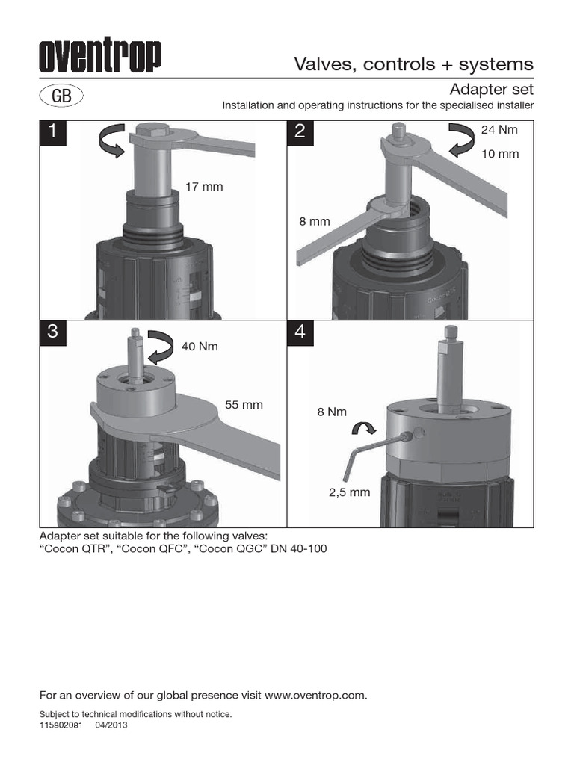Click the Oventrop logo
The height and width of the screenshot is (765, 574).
(x=100, y=57)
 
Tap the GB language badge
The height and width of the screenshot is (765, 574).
(x=61, y=96)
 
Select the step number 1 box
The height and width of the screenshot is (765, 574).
(x=52, y=131)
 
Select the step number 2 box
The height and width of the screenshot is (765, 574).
(x=300, y=131)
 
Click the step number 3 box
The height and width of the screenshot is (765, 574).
(x=52, y=333)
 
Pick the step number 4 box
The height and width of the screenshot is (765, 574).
(x=300, y=333)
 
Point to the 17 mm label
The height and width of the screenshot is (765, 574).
(x=204, y=186)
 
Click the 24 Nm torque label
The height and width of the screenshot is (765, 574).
(x=499, y=130)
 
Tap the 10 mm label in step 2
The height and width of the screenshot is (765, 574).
(x=499, y=154)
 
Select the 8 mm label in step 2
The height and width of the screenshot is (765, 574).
(x=315, y=221)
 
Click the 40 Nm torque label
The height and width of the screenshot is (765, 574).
(x=200, y=347)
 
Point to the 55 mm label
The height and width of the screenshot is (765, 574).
(x=244, y=405)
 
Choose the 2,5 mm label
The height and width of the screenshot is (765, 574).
(x=351, y=493)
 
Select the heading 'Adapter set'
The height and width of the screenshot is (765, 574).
(x=490, y=90)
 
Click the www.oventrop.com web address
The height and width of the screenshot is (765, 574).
(x=315, y=695)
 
